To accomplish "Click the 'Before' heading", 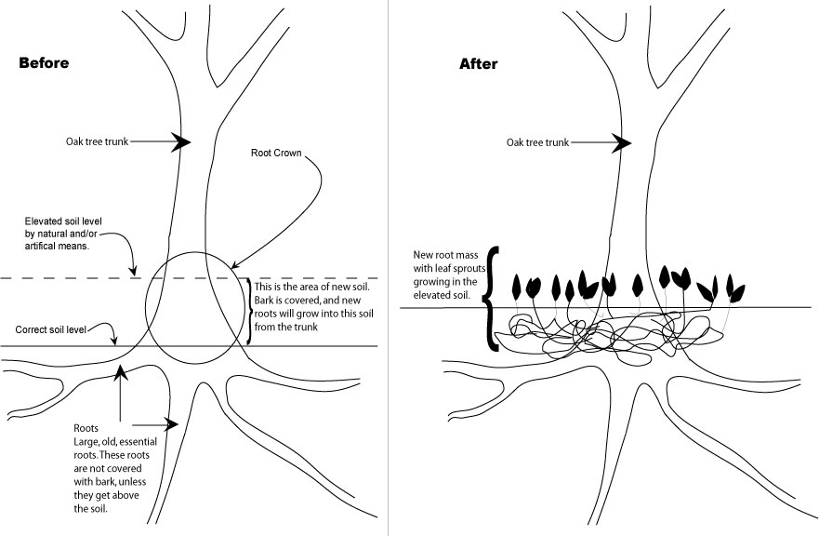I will (x=44, y=63).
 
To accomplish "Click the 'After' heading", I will (x=479, y=64).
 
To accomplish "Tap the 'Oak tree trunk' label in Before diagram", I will (x=97, y=141).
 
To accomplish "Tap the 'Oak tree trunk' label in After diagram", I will (x=537, y=142).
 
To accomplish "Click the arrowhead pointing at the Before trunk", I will (x=180, y=141).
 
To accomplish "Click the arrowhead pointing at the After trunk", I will (x=621, y=142).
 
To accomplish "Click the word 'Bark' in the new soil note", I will (x=267, y=300).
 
